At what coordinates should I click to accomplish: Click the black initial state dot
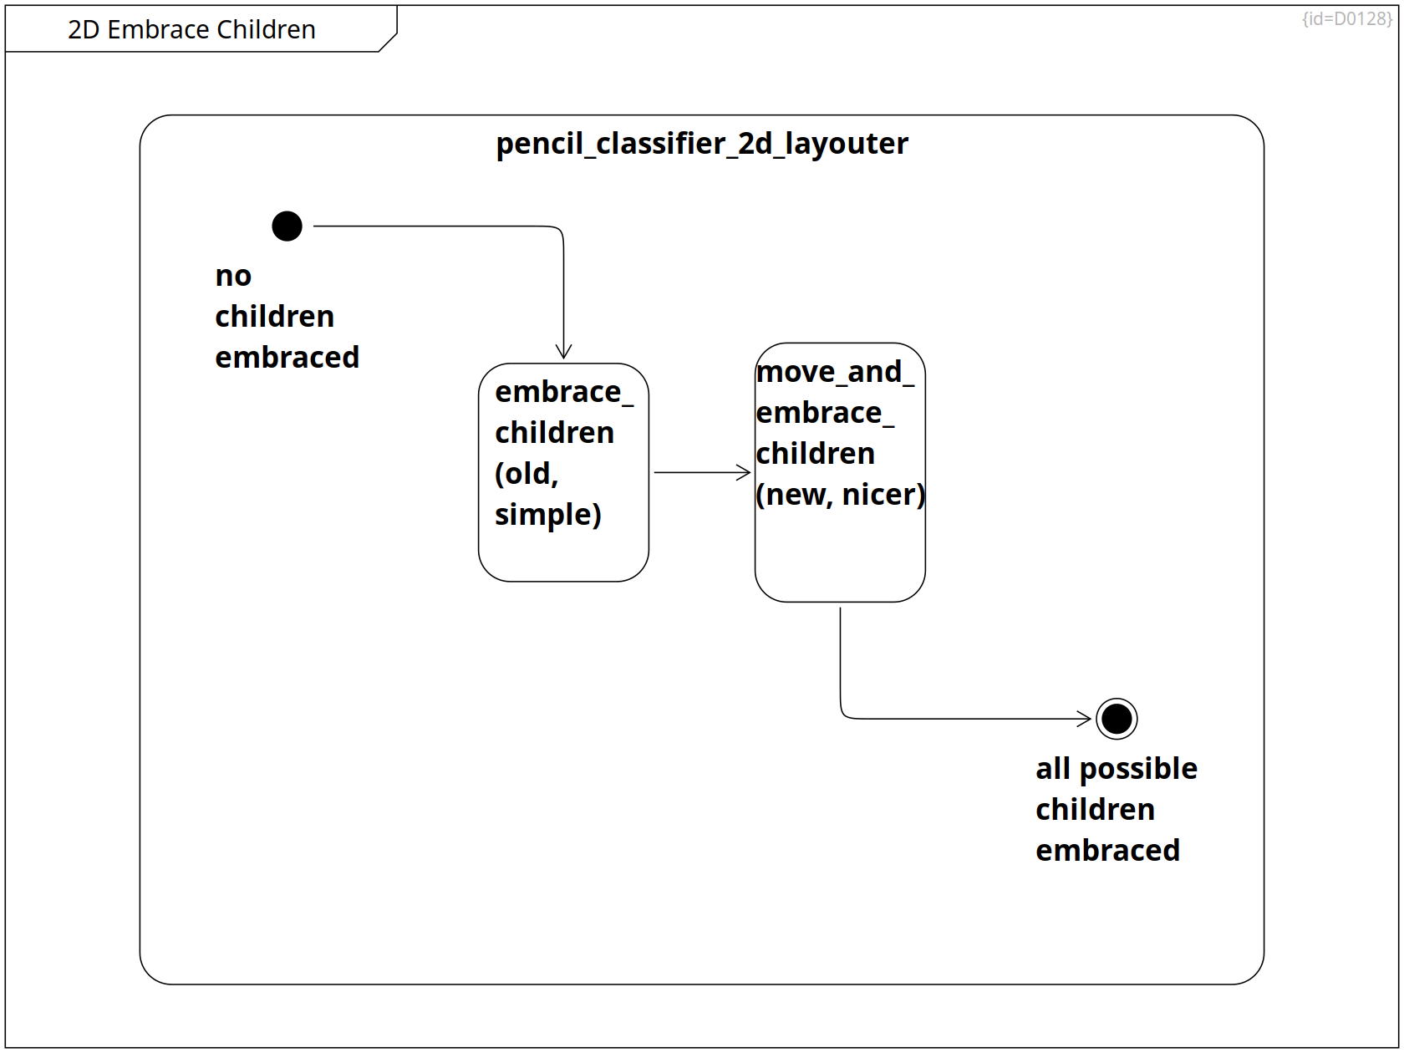point(287,226)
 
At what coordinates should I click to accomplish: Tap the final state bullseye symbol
point(1117,719)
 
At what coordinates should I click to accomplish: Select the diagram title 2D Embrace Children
point(191,29)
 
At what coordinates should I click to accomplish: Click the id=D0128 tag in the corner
point(1346,18)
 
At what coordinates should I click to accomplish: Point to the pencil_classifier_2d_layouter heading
point(702,143)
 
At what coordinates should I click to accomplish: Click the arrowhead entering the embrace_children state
point(563,351)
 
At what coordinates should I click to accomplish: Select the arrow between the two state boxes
point(702,472)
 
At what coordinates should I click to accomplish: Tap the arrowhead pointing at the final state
point(1084,719)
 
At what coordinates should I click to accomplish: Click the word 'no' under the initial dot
point(233,276)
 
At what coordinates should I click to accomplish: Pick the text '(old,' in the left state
point(526,474)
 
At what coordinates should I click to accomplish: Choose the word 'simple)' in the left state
point(548,515)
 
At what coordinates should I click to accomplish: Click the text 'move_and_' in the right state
point(835,372)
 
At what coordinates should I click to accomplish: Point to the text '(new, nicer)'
point(840,494)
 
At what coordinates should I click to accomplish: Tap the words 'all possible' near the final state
point(1117,769)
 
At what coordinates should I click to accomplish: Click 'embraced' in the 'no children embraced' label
point(287,357)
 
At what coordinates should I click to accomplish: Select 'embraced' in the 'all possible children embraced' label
point(1108,850)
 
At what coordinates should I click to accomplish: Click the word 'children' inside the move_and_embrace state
point(815,453)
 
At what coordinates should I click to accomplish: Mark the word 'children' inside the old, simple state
point(555,433)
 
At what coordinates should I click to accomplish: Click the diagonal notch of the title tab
point(388,42)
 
